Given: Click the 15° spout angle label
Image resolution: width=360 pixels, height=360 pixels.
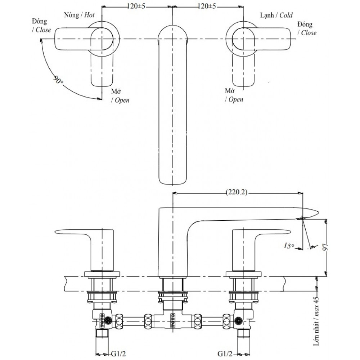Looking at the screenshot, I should point(289,246).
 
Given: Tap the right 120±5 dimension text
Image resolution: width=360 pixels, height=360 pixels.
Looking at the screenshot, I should point(207,6).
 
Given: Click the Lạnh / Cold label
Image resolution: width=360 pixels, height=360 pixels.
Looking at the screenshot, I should point(276,15).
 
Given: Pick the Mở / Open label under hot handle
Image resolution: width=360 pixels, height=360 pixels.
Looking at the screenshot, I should point(120,96).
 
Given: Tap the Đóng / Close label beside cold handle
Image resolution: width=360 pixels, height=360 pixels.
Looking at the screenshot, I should point(307,28).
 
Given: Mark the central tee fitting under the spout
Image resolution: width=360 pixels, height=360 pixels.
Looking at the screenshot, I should point(174,317).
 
